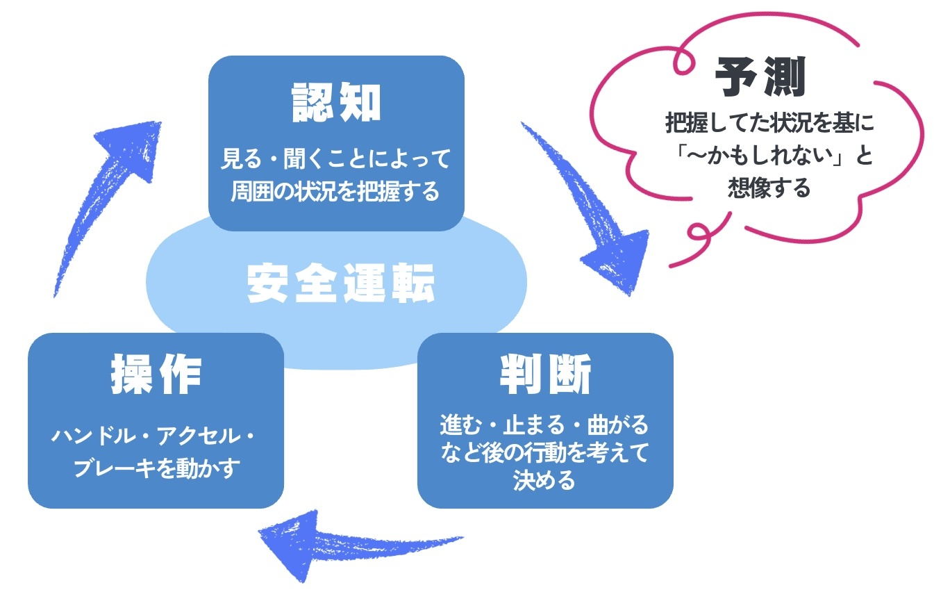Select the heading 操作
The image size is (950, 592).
156,376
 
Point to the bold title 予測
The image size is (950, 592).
760,77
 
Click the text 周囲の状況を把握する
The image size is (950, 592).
336,190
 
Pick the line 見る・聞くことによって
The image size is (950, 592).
336,159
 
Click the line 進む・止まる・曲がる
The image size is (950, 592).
544,425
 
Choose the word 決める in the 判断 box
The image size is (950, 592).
544,480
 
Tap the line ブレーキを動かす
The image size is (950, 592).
156,468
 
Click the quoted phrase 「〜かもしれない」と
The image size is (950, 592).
769,156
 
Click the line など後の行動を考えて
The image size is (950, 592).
544,453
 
